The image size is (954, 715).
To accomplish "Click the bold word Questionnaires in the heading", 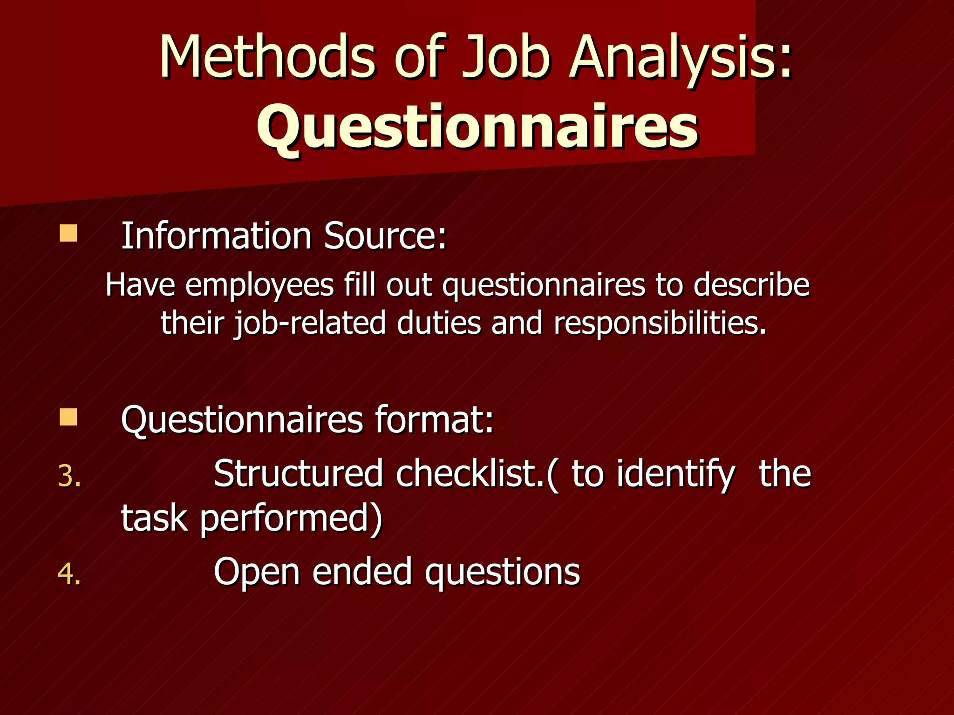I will coord(477,127).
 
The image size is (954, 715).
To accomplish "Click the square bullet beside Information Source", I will coord(68,233).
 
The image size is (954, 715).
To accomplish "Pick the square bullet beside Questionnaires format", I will coord(68,417).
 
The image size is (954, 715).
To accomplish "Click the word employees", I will coord(259,285).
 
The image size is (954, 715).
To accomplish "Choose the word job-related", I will coord(309,323).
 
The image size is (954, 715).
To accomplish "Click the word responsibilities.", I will coord(660,323).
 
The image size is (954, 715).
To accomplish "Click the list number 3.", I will coord(69,477).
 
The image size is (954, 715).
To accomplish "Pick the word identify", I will coord(676,475).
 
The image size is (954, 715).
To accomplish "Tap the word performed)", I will coord(291,519).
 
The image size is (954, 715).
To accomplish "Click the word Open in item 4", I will coord(257,573).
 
